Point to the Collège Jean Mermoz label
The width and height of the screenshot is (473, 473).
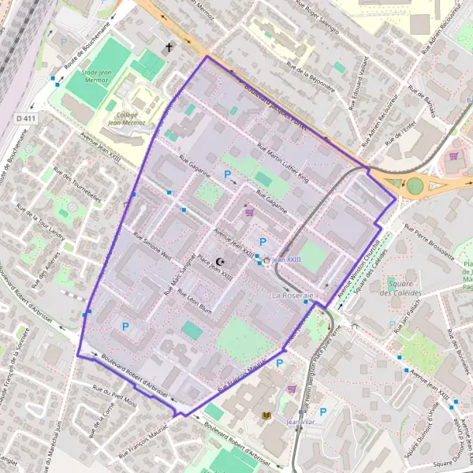[x=126, y=119]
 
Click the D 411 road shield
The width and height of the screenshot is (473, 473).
[x=25, y=118]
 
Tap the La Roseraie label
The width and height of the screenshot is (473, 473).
[x=292, y=294]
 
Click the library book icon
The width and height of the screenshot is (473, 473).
[x=266, y=415]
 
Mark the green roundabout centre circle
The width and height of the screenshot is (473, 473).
[x=415, y=186]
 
